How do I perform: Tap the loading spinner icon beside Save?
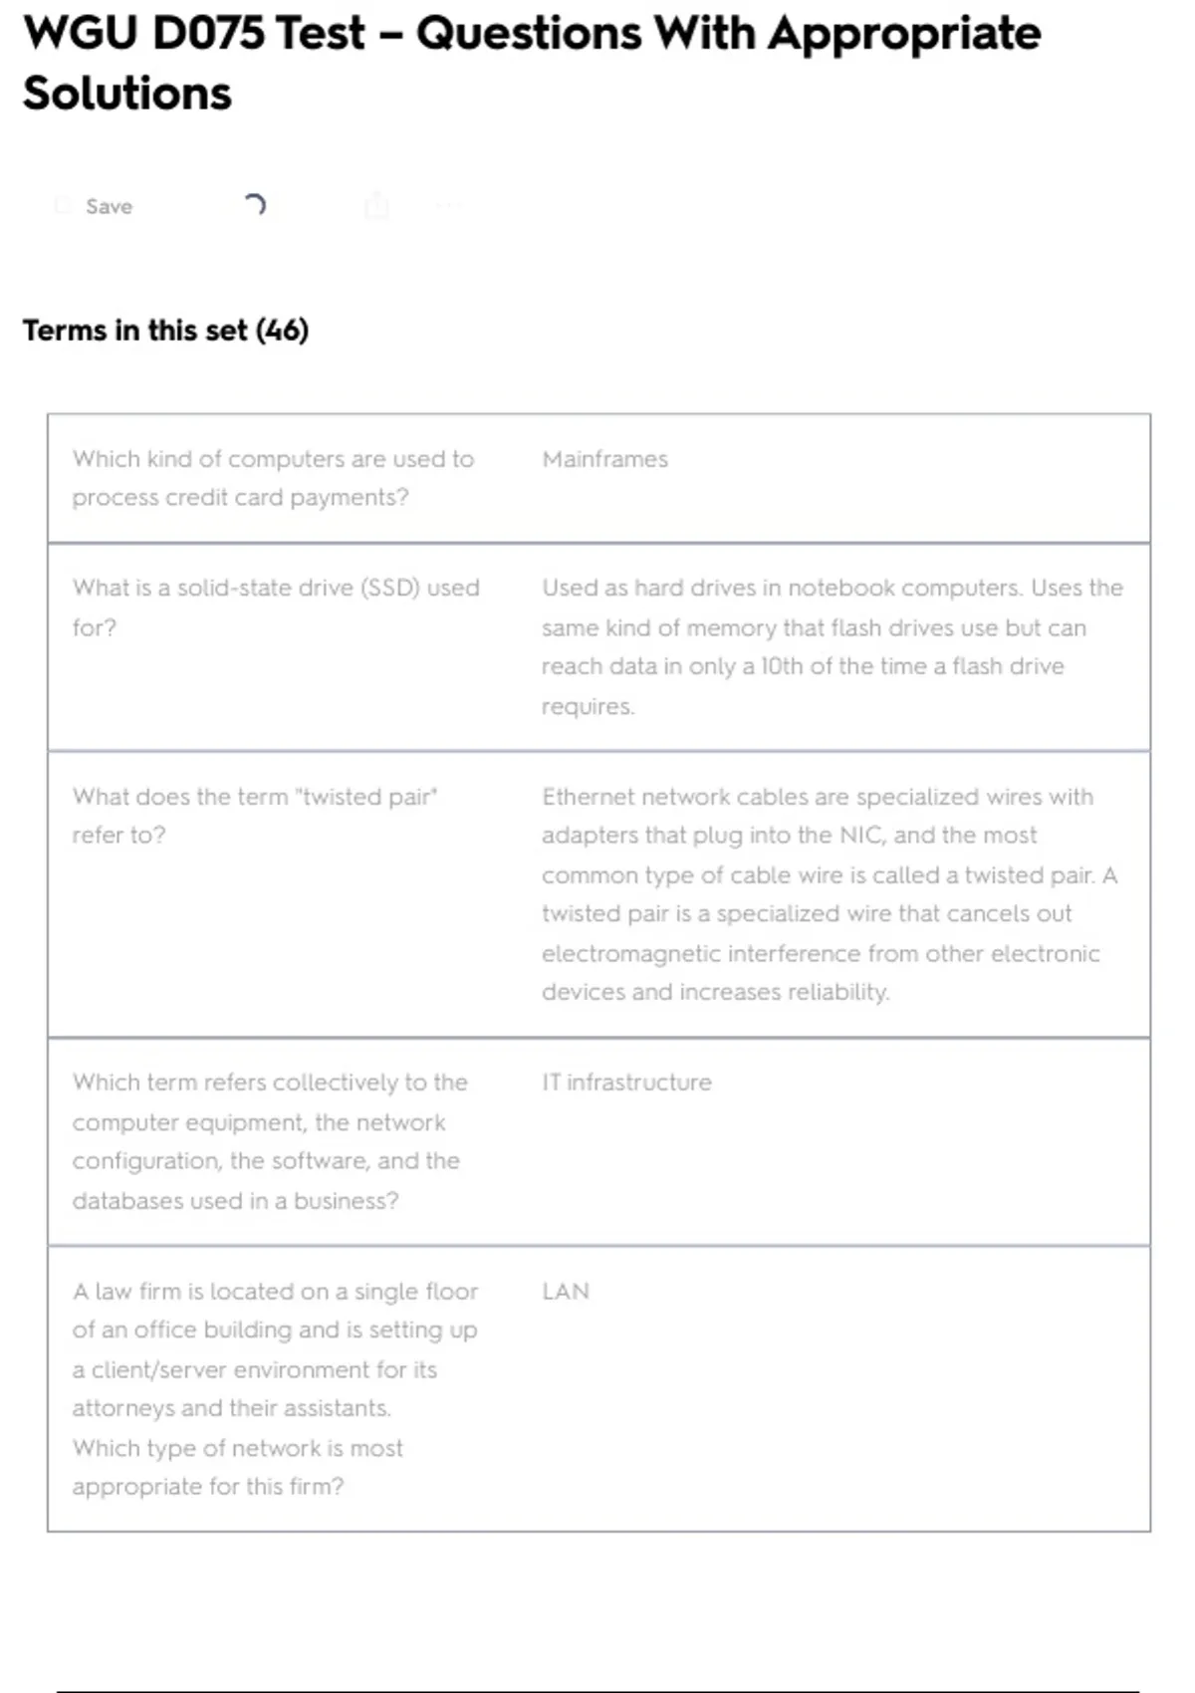(255, 205)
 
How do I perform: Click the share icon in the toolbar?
(376, 206)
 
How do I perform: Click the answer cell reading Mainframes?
(604, 459)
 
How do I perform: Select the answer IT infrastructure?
(626, 1083)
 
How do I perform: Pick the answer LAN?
(566, 1292)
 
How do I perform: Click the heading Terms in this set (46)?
(165, 331)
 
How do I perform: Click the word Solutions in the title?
(127, 94)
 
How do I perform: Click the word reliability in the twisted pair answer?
(838, 992)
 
